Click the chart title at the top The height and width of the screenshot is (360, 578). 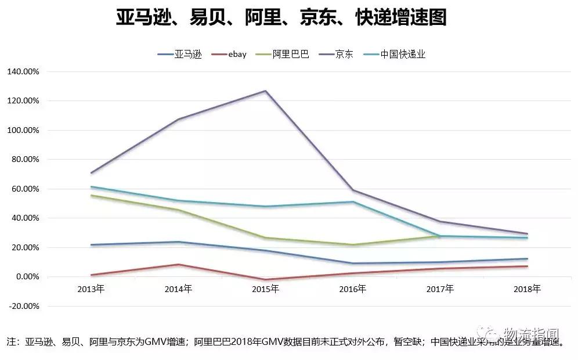tap(281, 18)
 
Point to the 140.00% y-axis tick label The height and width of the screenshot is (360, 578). tap(23, 71)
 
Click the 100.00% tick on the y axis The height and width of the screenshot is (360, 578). tap(23, 130)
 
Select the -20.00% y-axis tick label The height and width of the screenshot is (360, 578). tap(23, 306)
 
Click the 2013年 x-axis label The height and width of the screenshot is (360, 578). tap(91, 289)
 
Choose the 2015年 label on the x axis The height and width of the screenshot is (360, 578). tap(265, 289)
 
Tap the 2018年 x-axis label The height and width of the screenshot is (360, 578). tap(527, 289)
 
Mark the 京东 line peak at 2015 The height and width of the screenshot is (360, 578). tap(265, 91)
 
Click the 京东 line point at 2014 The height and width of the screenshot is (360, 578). tap(178, 119)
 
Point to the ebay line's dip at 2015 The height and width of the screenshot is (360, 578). tap(265, 279)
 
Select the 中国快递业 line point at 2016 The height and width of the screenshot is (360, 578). tap(353, 201)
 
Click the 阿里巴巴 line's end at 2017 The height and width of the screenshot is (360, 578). tap(440, 236)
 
